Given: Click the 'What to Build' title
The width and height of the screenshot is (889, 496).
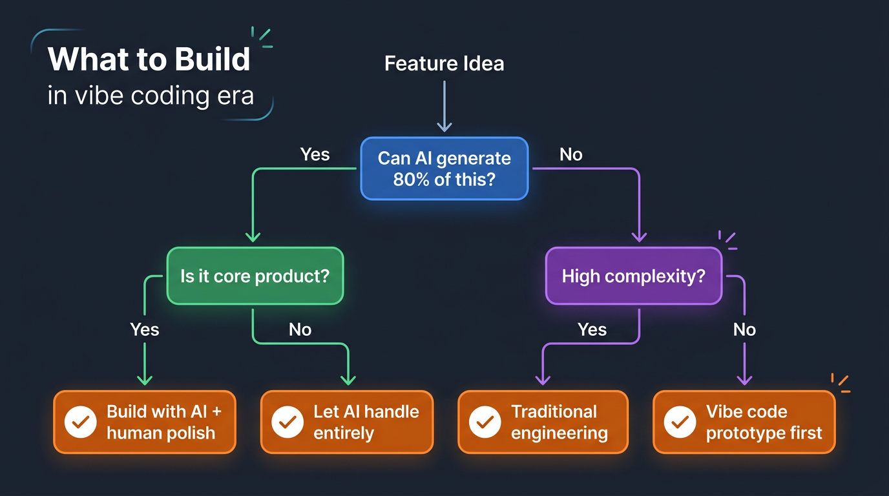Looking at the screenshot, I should coord(149,59).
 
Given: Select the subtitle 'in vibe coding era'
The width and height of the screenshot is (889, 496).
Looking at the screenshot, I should coord(151,96).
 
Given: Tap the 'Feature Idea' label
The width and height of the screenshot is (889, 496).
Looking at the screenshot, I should coord(444,63).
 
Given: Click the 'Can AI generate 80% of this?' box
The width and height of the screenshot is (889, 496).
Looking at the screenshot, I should coord(444,168).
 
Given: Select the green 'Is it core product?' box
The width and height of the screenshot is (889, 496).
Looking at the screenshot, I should coord(255,276).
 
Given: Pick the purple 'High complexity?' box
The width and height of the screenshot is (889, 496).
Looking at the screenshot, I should coord(633,276).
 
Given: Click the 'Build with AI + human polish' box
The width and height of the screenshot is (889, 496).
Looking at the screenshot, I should coord(145,422).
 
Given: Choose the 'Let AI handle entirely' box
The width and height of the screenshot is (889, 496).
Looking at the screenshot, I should coord(346,422).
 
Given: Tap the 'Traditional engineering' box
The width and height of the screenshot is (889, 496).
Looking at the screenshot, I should coord(543,422).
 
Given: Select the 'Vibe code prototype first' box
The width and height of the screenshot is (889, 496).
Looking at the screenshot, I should coord(744,422).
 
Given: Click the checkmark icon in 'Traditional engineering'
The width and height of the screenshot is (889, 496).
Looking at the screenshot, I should coord(485,422).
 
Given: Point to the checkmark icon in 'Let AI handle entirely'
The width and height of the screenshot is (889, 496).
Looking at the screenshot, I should coord(288,422).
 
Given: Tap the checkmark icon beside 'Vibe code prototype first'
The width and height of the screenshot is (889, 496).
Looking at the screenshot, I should coord(680,422).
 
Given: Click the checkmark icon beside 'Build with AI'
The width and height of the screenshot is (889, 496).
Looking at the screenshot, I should coord(81,422).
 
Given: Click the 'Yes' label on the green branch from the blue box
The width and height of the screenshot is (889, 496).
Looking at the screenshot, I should coord(315,154).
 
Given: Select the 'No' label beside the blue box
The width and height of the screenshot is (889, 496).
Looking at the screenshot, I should coord(571,154).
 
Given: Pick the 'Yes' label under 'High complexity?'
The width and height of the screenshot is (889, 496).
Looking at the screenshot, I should coord(592,329).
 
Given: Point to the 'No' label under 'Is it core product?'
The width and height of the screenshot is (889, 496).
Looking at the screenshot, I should coord(300,329).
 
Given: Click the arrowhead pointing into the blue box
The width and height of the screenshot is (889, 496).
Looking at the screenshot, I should coord(444,126).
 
